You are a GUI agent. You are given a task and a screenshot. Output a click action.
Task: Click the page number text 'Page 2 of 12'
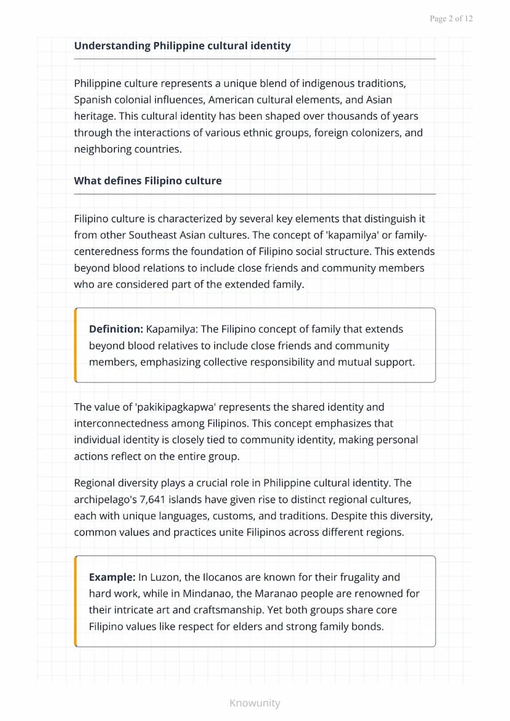451,19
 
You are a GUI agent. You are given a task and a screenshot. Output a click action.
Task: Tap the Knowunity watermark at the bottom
254,703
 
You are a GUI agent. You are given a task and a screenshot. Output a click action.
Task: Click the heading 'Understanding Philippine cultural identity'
182,46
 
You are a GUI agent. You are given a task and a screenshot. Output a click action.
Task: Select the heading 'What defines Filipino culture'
148,181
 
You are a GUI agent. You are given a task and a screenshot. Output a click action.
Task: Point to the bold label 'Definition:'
116,329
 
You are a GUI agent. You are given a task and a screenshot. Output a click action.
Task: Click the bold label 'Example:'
112,578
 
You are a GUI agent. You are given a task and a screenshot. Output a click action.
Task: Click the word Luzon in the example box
163,578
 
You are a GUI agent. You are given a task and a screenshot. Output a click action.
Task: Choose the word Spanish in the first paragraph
93,100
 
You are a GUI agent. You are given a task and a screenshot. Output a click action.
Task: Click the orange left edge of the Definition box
76,345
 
